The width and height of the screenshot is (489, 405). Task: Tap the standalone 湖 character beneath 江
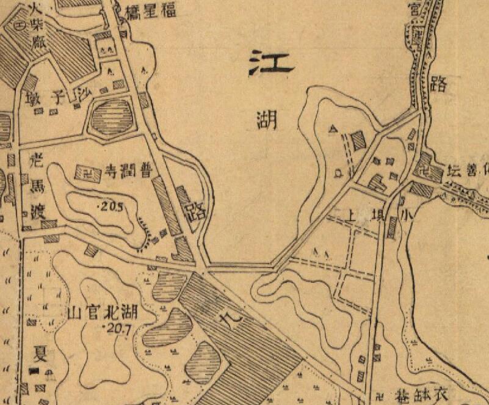[267, 119]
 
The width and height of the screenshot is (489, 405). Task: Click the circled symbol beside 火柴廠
[20, 26]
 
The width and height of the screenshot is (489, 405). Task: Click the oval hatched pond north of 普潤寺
[112, 117]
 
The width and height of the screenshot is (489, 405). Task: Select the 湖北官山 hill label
[102, 314]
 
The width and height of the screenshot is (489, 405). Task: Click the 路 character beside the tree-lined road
[438, 84]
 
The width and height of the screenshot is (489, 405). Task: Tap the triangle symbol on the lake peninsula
[333, 129]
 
